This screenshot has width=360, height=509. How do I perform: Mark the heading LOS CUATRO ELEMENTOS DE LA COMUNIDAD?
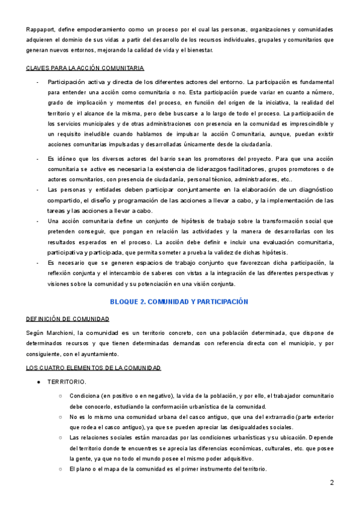93,367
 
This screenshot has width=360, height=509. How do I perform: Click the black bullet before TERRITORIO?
38,382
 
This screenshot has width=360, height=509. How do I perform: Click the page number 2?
331,483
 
